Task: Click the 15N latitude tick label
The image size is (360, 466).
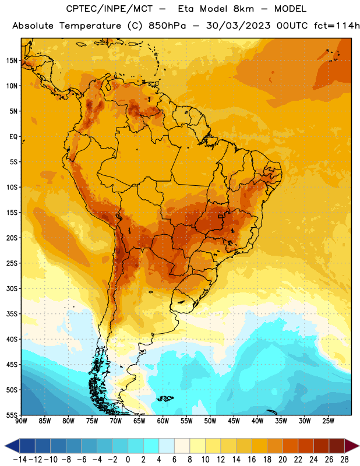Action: pyautogui.click(x=12, y=61)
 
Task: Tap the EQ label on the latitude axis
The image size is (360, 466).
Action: pyautogui.click(x=13, y=137)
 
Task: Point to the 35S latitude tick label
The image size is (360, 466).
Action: pyautogui.click(x=12, y=314)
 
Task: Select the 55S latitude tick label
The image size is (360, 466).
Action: pyautogui.click(x=12, y=415)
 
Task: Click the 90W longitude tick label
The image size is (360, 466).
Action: pyautogui.click(x=21, y=421)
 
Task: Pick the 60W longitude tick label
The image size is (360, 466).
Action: pyautogui.click(x=163, y=421)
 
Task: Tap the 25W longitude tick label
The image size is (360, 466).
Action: pyautogui.click(x=328, y=421)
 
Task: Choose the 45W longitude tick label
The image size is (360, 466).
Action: pyautogui.click(x=234, y=421)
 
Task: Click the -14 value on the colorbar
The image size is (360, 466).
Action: pyautogui.click(x=20, y=460)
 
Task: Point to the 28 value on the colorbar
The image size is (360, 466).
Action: pyautogui.click(x=345, y=460)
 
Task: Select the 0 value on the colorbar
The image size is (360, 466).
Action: pyautogui.click(x=128, y=460)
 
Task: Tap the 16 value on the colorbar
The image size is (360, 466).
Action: pyautogui.click(x=252, y=460)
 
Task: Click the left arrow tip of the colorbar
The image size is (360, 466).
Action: pyautogui.click(x=5, y=446)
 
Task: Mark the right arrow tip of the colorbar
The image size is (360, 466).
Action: pyautogui.click(x=359, y=446)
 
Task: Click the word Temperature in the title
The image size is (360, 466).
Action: pyautogui.click(x=90, y=26)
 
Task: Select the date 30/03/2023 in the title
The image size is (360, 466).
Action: pyautogui.click(x=238, y=26)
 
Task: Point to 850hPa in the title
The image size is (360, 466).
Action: pyautogui.click(x=167, y=26)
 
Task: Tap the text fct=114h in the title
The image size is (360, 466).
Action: pyautogui.click(x=337, y=26)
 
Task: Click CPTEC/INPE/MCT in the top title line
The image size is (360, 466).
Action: pyautogui.click(x=110, y=9)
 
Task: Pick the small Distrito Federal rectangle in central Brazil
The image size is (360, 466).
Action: pyautogui.click(x=221, y=216)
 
